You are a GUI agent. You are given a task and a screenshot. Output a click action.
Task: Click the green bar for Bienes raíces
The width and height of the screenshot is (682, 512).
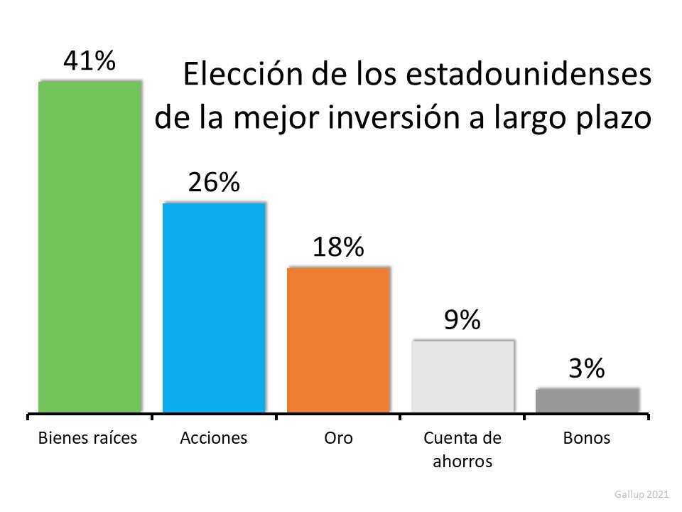(90, 247)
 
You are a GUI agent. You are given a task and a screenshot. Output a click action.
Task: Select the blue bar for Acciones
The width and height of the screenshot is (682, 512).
(214, 308)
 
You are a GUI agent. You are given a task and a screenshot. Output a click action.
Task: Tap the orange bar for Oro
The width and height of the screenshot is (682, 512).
(338, 340)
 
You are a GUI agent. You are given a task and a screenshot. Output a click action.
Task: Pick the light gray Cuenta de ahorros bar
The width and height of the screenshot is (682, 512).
(462, 376)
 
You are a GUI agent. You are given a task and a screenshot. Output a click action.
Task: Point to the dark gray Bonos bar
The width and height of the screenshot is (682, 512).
(587, 400)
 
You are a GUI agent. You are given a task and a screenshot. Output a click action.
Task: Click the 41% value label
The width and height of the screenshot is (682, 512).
(90, 61)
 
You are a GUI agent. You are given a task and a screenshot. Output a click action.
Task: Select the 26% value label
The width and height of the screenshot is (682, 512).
(214, 183)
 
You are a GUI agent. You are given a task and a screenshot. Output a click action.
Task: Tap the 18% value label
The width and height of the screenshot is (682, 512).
(338, 247)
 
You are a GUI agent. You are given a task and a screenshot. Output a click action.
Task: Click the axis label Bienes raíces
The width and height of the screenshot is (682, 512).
(87, 437)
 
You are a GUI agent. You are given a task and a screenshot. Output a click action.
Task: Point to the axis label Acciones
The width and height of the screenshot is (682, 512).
(214, 437)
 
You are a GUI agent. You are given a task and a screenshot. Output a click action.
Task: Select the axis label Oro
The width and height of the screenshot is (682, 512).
(338, 437)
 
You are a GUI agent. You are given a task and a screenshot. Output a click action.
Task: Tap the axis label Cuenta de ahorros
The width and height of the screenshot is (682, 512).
(462, 449)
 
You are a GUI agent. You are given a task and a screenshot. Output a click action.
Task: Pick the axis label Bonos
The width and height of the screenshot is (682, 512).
(587, 437)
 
